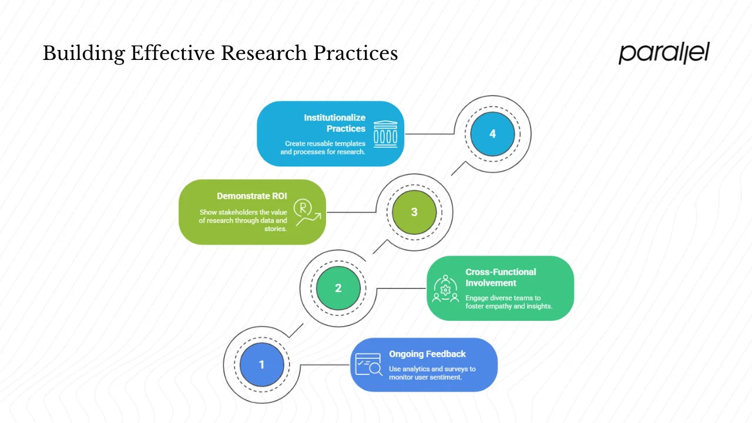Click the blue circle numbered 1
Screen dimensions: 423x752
[262, 365]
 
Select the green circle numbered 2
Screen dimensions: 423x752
[338, 288]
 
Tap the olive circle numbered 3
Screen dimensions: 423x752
[414, 212]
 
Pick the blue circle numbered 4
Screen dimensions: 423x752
[492, 134]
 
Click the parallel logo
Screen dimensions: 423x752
[664, 53]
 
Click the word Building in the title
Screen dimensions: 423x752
[83, 53]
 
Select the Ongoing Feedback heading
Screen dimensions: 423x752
[427, 354]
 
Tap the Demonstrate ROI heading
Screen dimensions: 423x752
[252, 196]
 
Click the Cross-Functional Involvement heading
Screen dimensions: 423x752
[501, 277]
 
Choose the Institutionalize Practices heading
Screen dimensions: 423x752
[334, 123]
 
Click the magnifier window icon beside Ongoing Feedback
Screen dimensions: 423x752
[368, 364]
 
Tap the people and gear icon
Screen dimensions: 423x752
[445, 288]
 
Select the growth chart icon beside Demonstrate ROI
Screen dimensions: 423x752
[307, 212]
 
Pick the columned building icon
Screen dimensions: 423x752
[385, 134]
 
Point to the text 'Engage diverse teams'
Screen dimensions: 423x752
[503, 298]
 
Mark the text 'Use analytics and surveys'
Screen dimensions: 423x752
[432, 369]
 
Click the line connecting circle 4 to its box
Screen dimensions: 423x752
[430, 134]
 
